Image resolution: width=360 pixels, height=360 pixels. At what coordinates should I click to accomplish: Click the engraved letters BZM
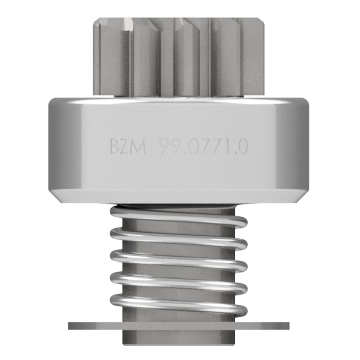[128, 147]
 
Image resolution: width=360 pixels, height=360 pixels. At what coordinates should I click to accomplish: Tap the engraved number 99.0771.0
[204, 147]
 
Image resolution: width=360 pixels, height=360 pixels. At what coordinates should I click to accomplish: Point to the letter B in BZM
[114, 147]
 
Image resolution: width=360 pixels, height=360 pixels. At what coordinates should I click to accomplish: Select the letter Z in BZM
[126, 147]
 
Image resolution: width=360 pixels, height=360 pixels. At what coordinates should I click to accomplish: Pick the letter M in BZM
[139, 147]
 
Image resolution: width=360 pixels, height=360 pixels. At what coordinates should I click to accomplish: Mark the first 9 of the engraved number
[165, 147]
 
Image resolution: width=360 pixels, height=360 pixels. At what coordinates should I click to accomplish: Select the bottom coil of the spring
[179, 304]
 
